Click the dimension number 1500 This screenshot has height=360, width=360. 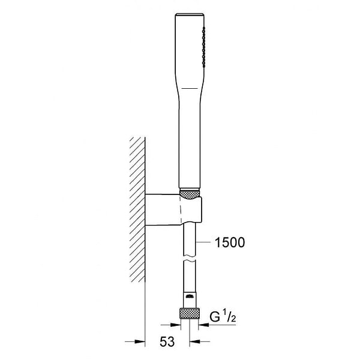tap(230, 242)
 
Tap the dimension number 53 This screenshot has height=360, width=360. tap(167, 341)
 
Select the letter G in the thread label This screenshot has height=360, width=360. tap(215, 317)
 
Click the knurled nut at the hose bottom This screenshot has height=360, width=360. tap(190, 313)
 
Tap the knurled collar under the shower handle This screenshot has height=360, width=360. tap(190, 194)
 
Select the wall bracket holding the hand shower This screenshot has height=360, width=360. tap(173, 209)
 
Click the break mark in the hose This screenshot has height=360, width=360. tap(190, 259)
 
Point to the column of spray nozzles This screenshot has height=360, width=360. tap(204, 47)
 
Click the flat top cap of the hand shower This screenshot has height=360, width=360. tap(190, 15)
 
